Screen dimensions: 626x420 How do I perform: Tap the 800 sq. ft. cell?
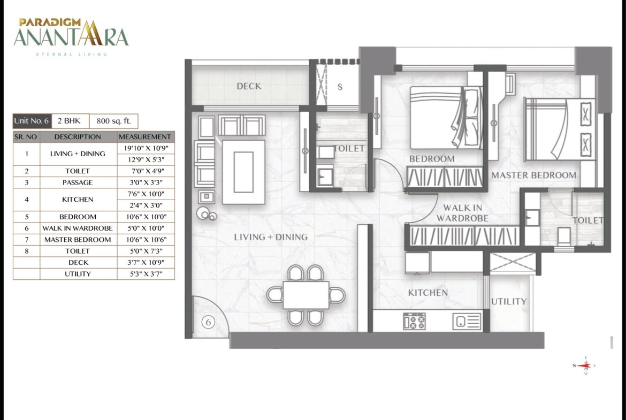click(114, 121)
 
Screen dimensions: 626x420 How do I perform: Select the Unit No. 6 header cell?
click(32, 121)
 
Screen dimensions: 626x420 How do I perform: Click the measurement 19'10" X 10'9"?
click(146, 148)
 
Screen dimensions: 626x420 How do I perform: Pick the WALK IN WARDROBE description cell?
click(78, 228)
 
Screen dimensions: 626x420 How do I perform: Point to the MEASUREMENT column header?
click(145, 136)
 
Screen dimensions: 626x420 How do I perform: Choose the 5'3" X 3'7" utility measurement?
click(146, 274)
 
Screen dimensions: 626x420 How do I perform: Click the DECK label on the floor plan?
click(249, 86)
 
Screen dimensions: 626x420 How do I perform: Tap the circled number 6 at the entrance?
click(208, 322)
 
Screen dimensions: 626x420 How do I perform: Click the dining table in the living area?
click(306, 295)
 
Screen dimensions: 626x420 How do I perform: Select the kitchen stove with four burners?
click(415, 321)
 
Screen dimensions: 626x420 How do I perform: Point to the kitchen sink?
click(467, 321)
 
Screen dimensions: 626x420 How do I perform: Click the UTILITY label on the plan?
click(509, 301)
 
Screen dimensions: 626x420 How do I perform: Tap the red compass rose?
click(585, 365)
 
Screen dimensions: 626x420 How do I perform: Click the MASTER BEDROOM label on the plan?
click(534, 175)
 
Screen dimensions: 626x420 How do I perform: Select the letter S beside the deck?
click(340, 87)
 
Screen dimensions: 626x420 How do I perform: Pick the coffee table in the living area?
click(243, 172)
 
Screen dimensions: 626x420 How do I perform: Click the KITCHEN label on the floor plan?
click(427, 293)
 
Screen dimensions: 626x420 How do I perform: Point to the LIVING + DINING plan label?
click(271, 236)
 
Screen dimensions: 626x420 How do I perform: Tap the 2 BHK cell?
click(69, 121)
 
